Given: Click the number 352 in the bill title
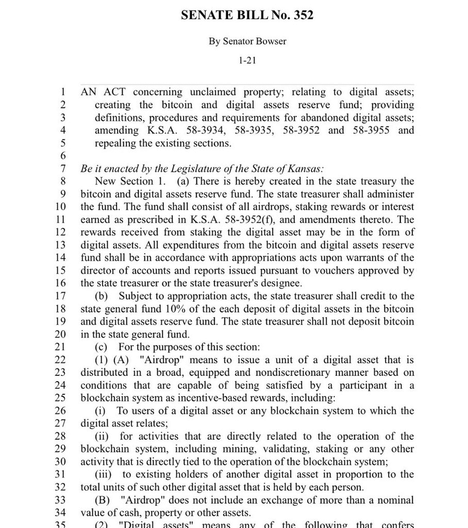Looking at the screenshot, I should [303, 15].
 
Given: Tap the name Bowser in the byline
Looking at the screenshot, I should [269, 41].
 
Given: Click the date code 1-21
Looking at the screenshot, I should [247, 61].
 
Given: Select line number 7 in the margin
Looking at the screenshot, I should [63, 169].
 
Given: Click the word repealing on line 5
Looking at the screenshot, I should [116, 143].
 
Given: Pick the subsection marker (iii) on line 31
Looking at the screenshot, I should [105, 474].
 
